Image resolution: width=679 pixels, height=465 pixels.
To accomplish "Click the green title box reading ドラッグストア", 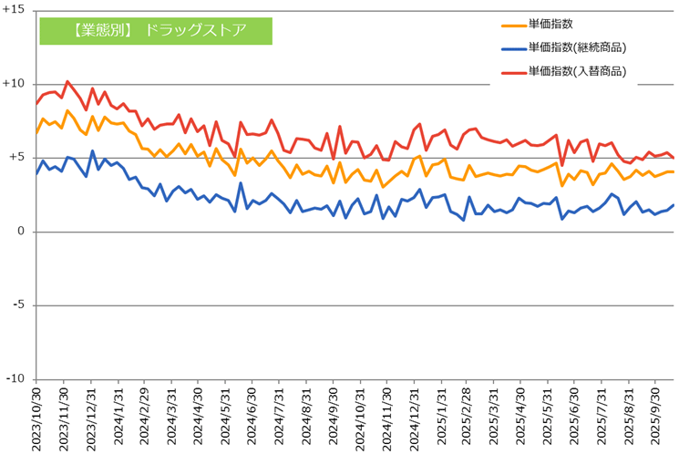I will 156,30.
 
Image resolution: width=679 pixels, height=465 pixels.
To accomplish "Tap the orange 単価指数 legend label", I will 550,24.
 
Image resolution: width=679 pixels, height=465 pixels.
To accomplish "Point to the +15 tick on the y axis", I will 15,9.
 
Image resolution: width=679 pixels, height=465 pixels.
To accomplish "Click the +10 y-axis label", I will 15,83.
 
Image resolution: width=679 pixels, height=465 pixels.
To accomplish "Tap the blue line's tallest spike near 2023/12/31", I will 93,151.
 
